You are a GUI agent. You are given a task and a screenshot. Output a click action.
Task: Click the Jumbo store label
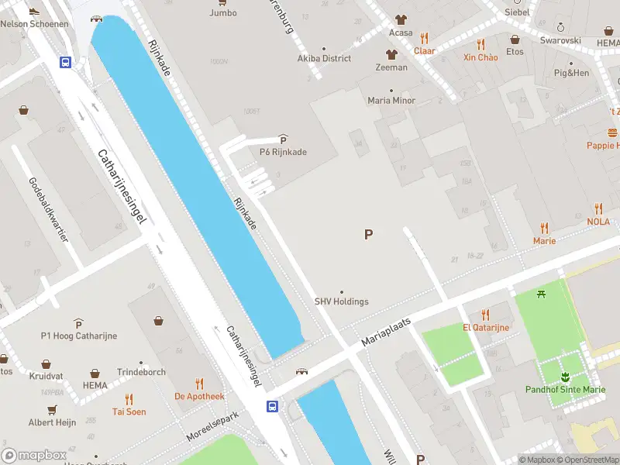point(223,12)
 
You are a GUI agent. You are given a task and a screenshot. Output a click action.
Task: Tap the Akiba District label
point(324,58)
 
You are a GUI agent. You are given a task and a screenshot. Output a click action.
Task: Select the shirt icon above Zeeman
point(391,54)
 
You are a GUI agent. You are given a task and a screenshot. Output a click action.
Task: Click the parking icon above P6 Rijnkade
point(283,139)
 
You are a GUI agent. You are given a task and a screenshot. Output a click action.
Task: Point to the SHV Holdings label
point(341,301)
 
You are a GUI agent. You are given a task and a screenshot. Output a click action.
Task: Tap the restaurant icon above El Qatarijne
point(486,315)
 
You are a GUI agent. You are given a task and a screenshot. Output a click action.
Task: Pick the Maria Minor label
point(391,100)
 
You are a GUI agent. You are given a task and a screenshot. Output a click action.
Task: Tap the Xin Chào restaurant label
point(480,57)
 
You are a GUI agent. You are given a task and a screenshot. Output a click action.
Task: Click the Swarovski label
point(560,40)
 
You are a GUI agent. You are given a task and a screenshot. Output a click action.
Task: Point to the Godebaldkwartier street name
point(48,209)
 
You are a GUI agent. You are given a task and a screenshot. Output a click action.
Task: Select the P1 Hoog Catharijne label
point(77,336)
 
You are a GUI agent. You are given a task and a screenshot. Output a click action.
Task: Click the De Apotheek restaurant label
point(199,396)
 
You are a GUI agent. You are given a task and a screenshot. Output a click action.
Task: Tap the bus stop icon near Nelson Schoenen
point(66,63)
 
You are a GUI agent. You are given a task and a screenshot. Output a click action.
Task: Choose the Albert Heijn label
point(52,422)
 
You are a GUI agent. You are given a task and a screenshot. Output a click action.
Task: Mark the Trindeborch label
point(141,372)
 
